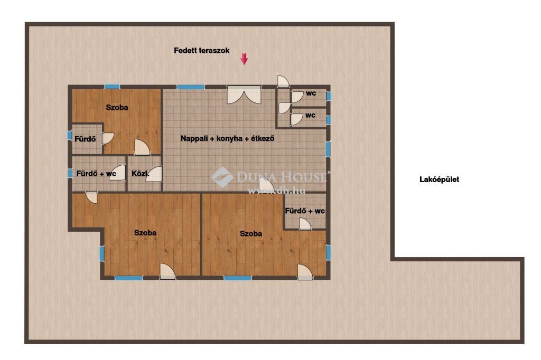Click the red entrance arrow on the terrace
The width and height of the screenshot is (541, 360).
click(244, 59)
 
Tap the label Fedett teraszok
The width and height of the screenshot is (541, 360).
click(201, 50)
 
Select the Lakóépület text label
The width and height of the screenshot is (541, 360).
click(439, 179)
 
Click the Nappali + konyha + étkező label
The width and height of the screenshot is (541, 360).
click(227, 139)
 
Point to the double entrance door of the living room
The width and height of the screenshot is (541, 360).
click(244, 95)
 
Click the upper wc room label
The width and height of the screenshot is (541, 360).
click(311, 93)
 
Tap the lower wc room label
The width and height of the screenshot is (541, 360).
click(310, 115)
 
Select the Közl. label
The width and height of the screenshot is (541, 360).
click(141, 174)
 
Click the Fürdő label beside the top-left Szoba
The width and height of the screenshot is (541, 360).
click(85, 139)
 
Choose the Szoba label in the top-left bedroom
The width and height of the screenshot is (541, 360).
click(117, 107)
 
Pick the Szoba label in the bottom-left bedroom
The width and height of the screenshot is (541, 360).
click(145, 233)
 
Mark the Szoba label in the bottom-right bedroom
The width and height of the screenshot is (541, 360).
click(251, 233)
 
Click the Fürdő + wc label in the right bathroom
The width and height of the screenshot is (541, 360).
click(305, 211)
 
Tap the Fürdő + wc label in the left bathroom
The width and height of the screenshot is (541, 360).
click(96, 174)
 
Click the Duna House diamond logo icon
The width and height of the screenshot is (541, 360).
click(222, 177)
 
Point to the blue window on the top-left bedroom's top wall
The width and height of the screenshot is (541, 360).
click(112, 87)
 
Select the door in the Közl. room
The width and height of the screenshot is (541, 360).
click(154, 174)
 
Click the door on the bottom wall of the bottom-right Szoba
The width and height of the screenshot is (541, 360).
click(305, 272)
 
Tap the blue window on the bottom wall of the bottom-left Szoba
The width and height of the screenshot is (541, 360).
click(129, 278)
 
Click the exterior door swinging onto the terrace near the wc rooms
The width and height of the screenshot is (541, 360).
click(283, 81)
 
